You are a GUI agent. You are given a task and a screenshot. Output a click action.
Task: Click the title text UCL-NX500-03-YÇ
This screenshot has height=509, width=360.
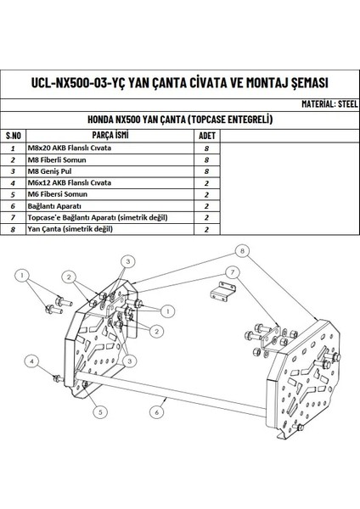click(80, 82)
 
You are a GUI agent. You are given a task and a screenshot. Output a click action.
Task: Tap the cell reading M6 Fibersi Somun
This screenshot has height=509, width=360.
click(58, 194)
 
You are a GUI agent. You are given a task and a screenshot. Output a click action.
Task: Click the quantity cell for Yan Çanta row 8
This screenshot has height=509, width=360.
click(206, 229)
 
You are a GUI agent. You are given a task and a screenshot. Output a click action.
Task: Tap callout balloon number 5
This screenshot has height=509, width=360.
click(99, 411)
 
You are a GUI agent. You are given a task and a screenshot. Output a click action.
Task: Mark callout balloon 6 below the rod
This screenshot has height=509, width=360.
click(157, 411)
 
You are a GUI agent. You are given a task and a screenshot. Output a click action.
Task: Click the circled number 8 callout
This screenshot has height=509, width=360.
click(242, 251)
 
